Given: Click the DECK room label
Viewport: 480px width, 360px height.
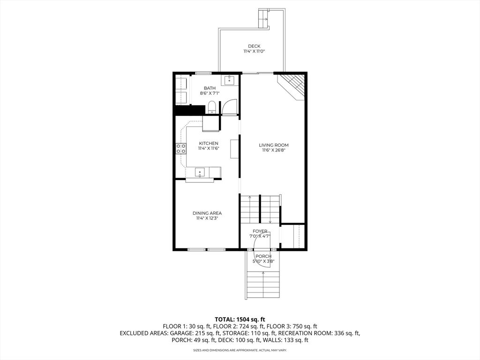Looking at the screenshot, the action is (254, 46).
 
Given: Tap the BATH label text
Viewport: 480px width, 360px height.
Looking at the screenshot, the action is (210, 88).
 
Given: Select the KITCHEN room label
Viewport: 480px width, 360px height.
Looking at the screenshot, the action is (209, 143).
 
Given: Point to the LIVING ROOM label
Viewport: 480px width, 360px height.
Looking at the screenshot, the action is (274, 145).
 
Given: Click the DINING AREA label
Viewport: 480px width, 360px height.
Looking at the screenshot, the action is (207, 213).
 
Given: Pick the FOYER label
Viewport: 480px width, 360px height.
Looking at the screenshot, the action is (260, 231).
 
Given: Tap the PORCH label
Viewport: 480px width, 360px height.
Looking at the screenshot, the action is (263, 256).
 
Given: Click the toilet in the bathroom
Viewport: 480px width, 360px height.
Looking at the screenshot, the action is (212, 107).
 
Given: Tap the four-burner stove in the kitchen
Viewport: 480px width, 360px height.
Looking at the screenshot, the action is (180, 149).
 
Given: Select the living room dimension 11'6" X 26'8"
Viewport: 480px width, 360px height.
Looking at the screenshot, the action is (274, 150).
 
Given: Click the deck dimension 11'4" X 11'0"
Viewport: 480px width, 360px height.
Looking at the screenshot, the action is (254, 52).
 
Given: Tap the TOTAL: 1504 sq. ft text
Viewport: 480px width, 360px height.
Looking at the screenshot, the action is (240, 320).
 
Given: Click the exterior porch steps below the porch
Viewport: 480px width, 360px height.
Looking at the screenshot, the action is (263, 285).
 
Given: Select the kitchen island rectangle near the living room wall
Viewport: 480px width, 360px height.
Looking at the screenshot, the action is (235, 149).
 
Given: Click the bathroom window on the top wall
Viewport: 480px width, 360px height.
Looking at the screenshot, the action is (203, 73).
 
